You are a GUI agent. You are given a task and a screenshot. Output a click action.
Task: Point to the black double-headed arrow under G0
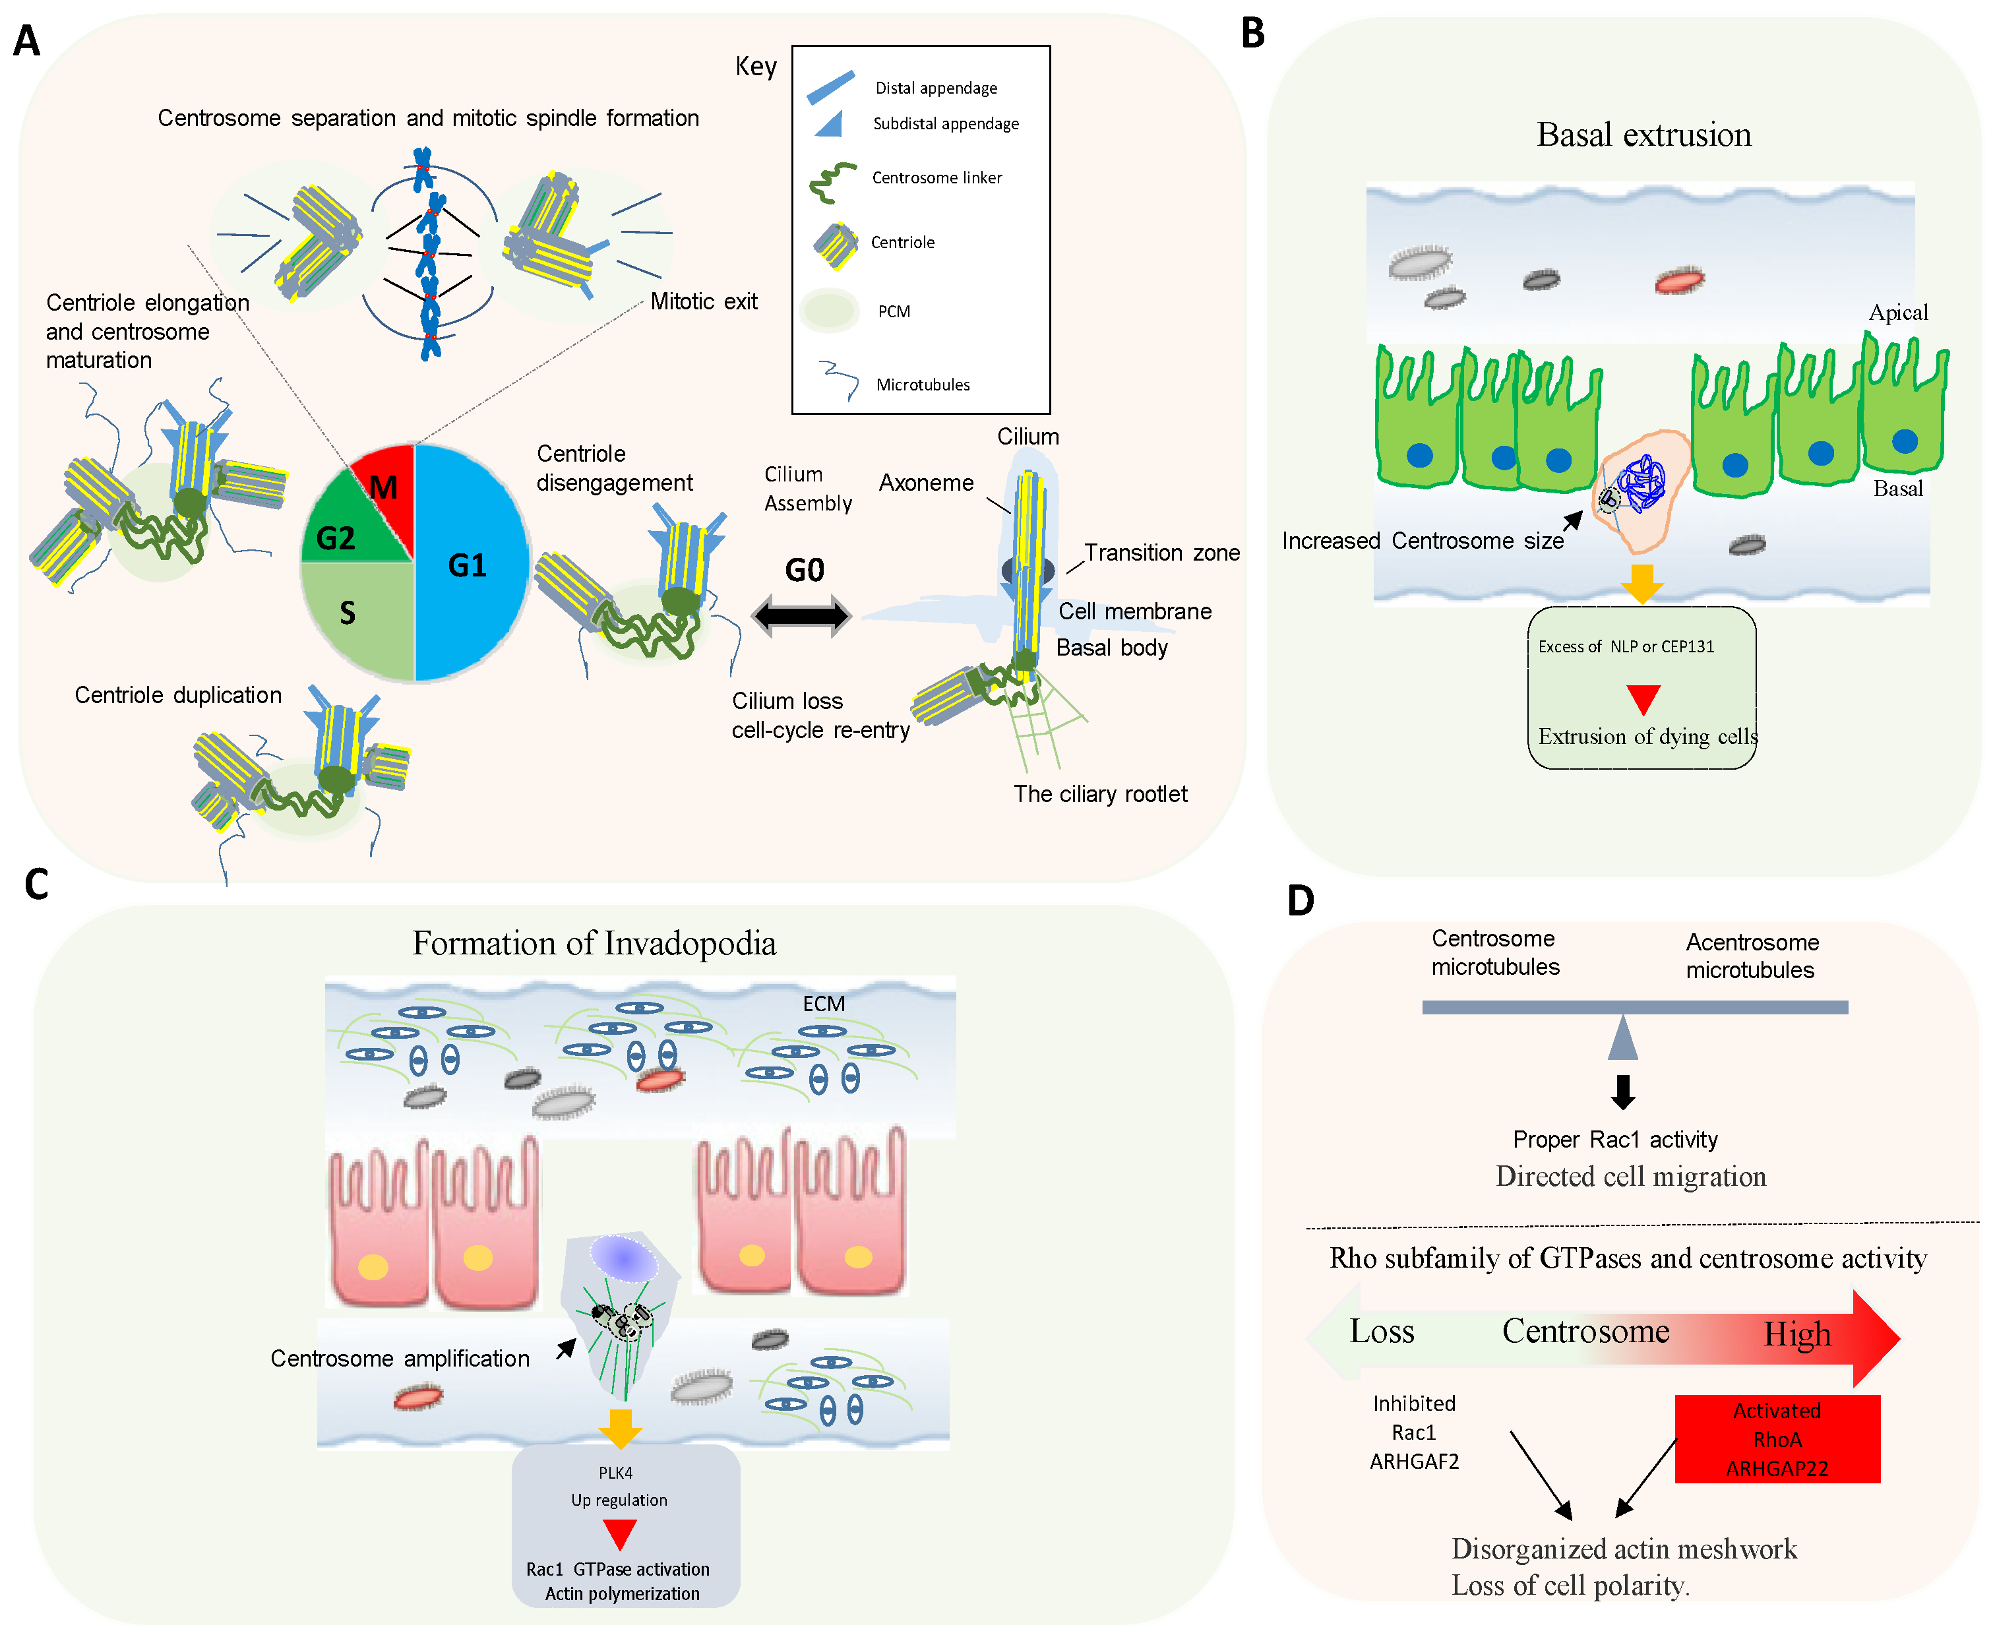(801, 616)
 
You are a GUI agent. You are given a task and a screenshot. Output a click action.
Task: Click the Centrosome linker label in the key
(936, 178)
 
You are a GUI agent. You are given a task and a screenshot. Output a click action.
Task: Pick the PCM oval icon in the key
(829, 310)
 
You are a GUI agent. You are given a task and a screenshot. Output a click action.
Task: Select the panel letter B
(1252, 34)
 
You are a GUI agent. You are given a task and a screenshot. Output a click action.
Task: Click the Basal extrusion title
(1643, 135)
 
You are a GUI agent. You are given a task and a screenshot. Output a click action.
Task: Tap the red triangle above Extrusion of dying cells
(1643, 698)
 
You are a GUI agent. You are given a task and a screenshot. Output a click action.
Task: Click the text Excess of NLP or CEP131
(1626, 646)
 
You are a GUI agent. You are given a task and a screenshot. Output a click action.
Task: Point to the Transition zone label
(1161, 553)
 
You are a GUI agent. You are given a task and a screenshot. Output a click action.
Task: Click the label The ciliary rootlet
(1100, 794)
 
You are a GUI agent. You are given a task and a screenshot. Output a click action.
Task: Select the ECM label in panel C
(823, 1004)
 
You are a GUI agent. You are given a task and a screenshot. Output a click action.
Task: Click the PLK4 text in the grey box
(615, 1472)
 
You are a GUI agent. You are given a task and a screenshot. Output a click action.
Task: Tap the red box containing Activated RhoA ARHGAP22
(1777, 1439)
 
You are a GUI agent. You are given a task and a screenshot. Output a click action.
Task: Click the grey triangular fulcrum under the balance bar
(1622, 1038)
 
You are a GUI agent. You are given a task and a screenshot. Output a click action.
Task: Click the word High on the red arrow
(1797, 1334)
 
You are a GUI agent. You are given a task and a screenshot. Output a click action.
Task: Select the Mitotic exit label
(704, 301)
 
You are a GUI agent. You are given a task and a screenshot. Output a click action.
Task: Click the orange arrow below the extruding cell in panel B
(1641, 583)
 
